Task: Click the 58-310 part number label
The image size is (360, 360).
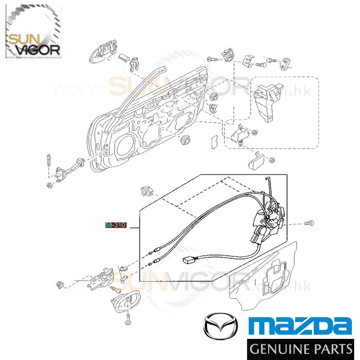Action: coord(115,225)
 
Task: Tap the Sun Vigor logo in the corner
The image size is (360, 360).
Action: coord(33,31)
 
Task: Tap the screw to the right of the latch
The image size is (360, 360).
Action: coord(309,223)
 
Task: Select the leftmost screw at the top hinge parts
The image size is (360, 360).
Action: coord(211,58)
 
